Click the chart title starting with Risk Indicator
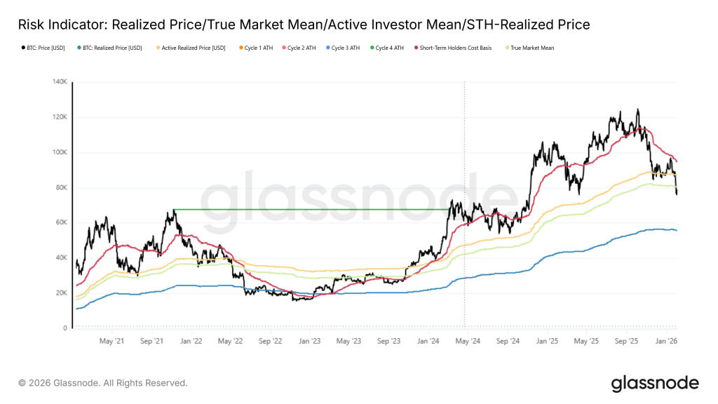304,25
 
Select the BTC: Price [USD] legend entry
41,48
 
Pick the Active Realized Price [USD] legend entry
189,48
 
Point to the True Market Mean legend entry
529,48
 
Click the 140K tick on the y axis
59,82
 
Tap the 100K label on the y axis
59,152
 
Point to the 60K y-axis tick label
60,222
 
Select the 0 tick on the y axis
65,328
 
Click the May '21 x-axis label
111,342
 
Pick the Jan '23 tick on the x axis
310,342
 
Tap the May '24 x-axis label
468,342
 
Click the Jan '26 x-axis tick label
665,342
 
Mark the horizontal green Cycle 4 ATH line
309,209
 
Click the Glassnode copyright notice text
103,383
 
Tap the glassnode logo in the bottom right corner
655,383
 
